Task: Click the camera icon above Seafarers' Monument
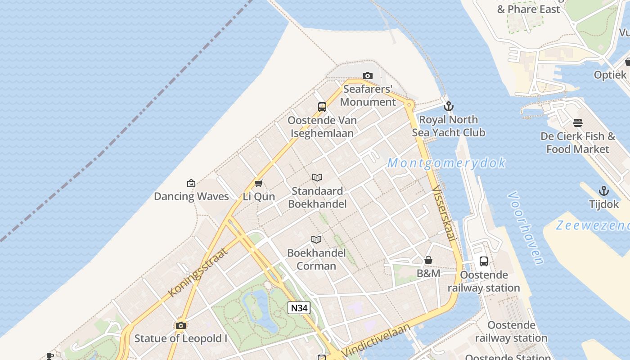[368, 76]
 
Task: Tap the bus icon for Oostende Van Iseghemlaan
[322, 107]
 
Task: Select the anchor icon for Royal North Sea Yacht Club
[448, 107]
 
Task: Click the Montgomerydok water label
[446, 163]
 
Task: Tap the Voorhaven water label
[525, 228]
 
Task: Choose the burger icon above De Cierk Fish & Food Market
[578, 123]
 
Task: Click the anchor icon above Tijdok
[604, 191]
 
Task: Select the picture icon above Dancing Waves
[191, 183]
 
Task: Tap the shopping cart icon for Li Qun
[258, 184]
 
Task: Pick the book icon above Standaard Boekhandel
[317, 178]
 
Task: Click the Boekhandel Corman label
[317, 259]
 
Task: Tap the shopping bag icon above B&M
[428, 260]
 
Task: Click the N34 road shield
[299, 308]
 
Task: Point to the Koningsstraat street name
[198, 272]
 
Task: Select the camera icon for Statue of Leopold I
[181, 325]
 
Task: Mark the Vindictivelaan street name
[376, 341]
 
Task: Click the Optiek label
[610, 75]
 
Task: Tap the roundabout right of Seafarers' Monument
[409, 105]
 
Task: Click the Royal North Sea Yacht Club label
[448, 126]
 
